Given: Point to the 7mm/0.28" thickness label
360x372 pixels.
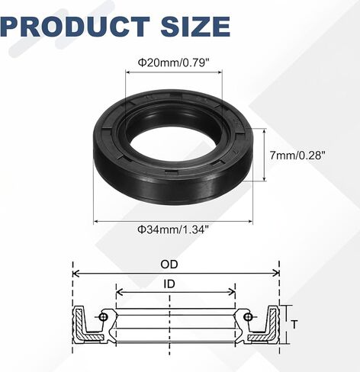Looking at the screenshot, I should tap(301, 154).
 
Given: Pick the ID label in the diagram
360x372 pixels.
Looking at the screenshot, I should tap(175, 284).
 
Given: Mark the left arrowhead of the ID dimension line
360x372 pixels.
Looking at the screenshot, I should tap(119, 292).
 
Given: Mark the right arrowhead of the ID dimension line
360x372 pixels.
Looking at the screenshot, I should tap(233, 292).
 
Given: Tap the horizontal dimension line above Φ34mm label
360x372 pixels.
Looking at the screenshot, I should tap(173, 220).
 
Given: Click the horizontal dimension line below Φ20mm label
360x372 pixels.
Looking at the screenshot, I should tap(173, 71).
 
